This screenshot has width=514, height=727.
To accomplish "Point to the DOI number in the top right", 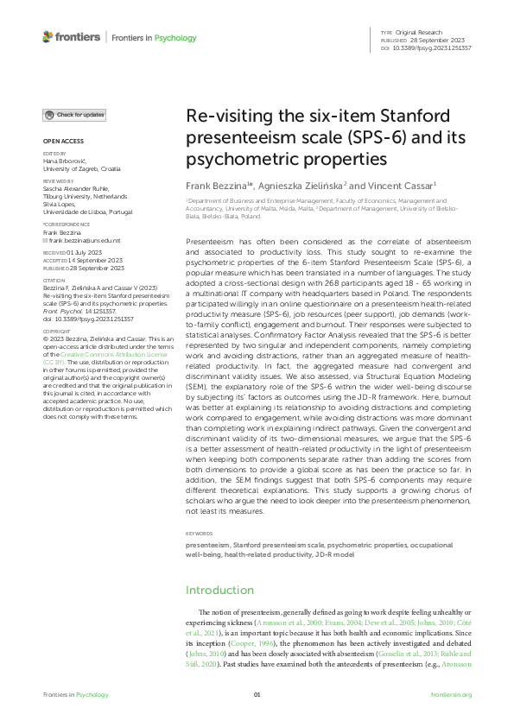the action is click(433, 47).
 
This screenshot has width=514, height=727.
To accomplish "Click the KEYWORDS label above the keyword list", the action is click(200, 534).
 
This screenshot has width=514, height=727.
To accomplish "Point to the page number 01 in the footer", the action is click(257, 695).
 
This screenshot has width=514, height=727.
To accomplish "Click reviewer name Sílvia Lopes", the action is click(59, 205).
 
